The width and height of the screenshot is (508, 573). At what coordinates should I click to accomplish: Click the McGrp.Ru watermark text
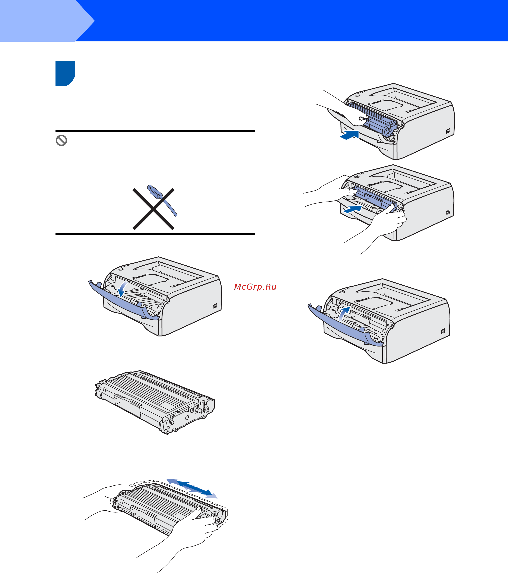255,287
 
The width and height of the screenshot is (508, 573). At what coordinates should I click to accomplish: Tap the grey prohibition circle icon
61,140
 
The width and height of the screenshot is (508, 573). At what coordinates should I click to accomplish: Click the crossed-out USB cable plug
155,191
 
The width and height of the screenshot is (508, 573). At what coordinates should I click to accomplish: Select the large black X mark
153,209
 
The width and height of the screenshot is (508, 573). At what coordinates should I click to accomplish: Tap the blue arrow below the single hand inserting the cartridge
350,135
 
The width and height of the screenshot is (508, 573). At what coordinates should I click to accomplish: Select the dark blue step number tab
65,73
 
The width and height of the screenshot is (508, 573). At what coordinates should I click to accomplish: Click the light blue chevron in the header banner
47,21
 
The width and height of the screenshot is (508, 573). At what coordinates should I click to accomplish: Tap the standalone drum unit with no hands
155,402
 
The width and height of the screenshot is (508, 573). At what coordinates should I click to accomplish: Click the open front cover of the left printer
123,301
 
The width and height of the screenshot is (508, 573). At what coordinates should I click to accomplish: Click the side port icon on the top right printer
448,131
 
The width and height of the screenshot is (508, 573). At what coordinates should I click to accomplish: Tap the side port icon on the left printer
215,306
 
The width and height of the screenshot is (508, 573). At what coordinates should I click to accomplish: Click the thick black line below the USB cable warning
155,234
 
